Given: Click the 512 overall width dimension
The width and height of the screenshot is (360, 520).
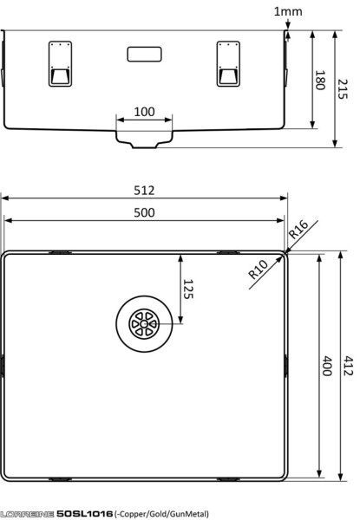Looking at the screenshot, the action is point(144,191).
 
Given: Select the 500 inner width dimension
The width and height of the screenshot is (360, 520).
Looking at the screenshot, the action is point(144,212).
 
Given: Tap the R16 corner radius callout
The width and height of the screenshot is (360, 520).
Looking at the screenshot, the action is point(298,230).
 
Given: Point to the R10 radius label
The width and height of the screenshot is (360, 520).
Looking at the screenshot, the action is point(258,269).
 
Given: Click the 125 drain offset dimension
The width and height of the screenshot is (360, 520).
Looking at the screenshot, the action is point(188,289).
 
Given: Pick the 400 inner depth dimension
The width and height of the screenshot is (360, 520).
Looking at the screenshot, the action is point(328,366).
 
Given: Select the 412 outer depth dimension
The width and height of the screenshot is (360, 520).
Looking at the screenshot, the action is point(348,366).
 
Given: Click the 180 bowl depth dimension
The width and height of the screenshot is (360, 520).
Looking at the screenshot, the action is point(320,80).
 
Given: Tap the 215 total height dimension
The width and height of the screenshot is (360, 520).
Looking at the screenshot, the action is point(343,89).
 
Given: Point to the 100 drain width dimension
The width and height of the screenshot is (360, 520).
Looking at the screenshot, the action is point(144,112).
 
